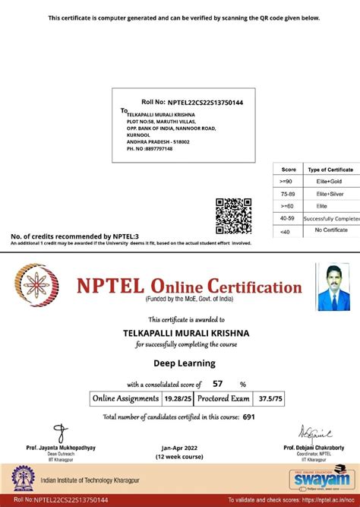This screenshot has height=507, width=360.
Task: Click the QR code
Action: (x=233, y=216)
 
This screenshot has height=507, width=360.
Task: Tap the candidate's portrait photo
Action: (x=333, y=287)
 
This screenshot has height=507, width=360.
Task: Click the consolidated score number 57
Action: (x=218, y=384)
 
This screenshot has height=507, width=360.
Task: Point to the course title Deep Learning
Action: (x=180, y=363)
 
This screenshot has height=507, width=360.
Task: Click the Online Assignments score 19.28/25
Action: (x=173, y=398)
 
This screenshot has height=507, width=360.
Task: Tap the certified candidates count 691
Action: (x=248, y=417)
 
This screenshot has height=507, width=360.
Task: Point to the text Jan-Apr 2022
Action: (x=180, y=448)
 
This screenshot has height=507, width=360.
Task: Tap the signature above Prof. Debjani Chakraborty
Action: (x=313, y=434)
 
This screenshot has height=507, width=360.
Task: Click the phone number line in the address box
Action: (x=150, y=148)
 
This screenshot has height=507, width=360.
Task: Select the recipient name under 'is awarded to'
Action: (x=180, y=332)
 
